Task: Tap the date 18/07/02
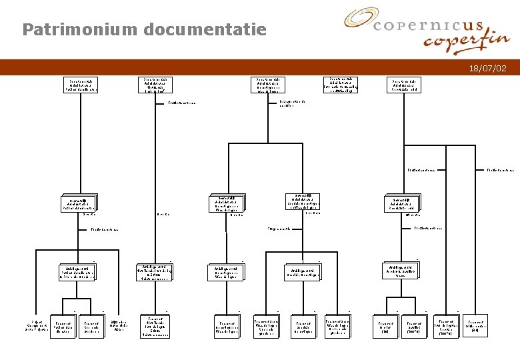[x=487, y=68]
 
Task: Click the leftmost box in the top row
[x=81, y=85]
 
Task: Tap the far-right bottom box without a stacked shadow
[x=475, y=324]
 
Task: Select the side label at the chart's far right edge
[x=500, y=170]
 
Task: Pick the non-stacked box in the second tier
[x=303, y=200]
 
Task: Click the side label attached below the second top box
[x=181, y=104]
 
